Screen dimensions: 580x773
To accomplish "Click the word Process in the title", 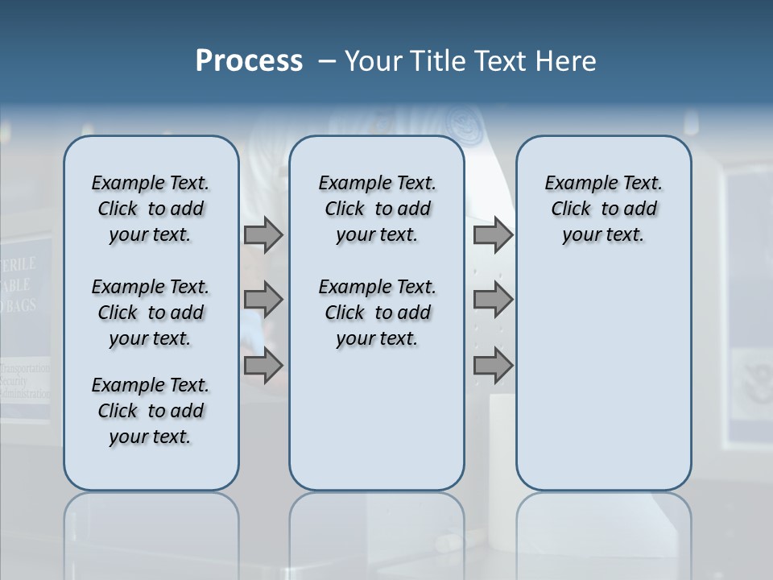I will [x=249, y=61].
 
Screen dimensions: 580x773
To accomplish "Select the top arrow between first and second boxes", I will [x=263, y=235].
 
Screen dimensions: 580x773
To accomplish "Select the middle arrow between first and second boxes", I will [x=263, y=300].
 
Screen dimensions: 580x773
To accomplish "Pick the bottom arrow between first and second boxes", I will [x=263, y=366].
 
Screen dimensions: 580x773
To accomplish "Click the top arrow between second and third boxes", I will [x=493, y=235].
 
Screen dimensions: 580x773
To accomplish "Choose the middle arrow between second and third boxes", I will [x=493, y=300].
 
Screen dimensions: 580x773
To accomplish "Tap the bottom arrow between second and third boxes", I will [x=493, y=366].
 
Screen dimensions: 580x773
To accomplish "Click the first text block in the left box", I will [x=151, y=209].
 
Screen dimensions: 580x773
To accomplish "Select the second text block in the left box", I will [x=151, y=313].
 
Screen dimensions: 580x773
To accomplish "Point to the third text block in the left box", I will [x=151, y=411].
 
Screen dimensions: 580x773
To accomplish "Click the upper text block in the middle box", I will [x=377, y=209].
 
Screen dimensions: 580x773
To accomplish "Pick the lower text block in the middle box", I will [x=377, y=313].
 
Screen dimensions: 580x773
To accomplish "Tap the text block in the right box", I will [x=603, y=209].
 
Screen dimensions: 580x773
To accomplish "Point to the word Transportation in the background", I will [x=27, y=368].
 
